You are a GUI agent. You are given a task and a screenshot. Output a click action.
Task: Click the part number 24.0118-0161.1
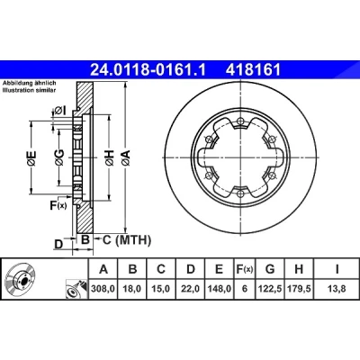click(148, 70)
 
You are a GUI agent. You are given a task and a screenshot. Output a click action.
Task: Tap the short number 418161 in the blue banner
click(254, 70)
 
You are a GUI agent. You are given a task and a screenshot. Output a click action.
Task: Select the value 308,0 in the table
click(103, 289)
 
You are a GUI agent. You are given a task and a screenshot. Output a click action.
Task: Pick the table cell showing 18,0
click(132, 289)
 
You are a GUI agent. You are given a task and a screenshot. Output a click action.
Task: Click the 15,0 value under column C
click(161, 289)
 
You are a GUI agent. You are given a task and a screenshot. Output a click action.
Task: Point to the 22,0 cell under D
click(191, 289)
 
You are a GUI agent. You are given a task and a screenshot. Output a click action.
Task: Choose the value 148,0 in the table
click(220, 289)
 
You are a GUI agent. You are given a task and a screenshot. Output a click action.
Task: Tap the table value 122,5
click(270, 289)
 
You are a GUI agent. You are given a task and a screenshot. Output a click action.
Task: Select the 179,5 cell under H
click(299, 289)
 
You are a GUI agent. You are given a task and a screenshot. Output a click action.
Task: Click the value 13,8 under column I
click(337, 289)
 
